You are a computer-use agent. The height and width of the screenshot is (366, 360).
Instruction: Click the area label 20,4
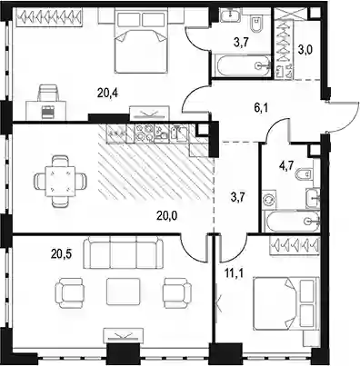(107, 93)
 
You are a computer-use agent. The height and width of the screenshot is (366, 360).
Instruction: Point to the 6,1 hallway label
(261, 107)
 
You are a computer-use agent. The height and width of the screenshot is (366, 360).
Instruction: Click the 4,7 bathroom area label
(285, 167)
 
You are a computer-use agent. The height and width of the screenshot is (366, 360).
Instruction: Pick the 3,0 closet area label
(305, 49)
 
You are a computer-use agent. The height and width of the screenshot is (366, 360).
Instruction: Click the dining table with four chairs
(61, 181)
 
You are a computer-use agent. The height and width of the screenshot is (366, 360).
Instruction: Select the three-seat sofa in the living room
(123, 252)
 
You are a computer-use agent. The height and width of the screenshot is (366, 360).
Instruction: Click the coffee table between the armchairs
(123, 293)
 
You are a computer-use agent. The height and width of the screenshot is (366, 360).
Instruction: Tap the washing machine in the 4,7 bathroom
(269, 201)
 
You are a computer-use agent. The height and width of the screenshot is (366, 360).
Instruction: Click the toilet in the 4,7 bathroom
(307, 173)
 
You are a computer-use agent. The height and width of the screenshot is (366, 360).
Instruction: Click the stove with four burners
(145, 134)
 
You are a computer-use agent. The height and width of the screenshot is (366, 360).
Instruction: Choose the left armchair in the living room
(69, 293)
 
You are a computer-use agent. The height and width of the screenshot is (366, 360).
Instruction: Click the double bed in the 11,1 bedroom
(285, 303)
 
